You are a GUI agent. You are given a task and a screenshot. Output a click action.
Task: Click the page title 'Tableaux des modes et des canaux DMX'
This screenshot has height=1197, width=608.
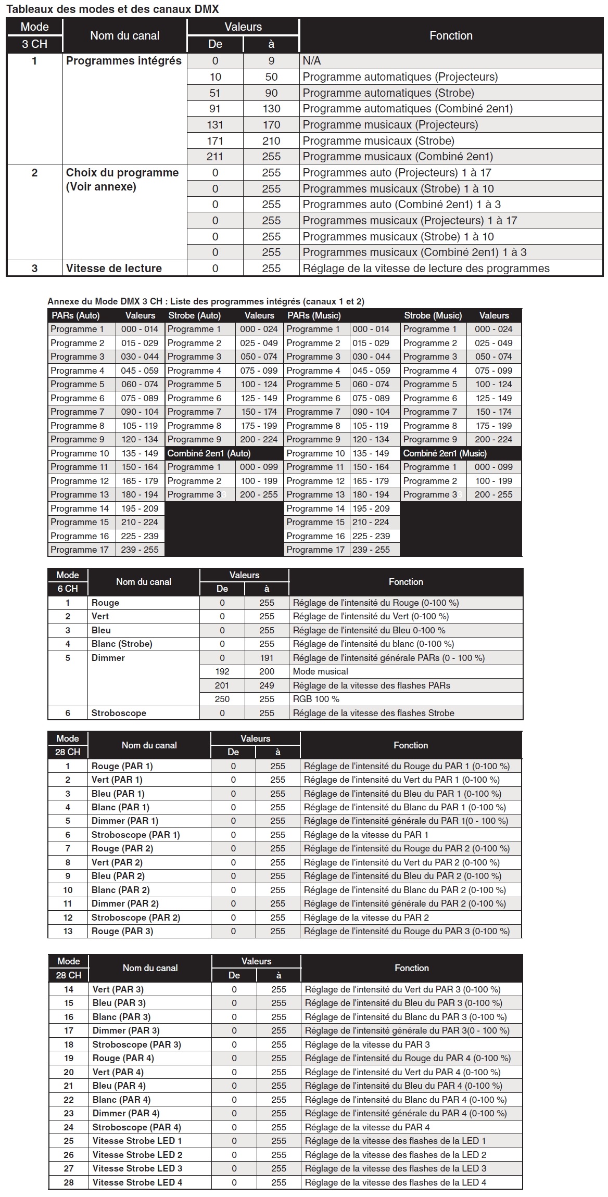tap(112, 9)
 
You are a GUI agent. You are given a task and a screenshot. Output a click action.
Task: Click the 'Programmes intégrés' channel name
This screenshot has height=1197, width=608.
tap(124, 61)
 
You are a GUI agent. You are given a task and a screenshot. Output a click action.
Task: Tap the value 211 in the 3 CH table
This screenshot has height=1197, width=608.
tap(215, 157)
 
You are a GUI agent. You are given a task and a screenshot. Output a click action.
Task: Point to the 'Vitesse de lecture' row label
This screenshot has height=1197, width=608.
tap(114, 269)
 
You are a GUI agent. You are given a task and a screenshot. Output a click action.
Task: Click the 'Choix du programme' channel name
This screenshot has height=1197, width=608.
tap(122, 173)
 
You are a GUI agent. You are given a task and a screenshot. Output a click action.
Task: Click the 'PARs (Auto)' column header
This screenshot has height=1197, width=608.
tap(76, 315)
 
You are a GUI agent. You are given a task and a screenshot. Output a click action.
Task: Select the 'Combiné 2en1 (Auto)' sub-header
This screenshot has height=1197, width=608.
tap(209, 453)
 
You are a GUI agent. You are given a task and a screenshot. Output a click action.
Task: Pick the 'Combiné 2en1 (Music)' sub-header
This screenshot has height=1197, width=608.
tap(445, 453)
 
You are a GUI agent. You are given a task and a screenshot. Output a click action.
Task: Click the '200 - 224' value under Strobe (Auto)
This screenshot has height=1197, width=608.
tap(259, 439)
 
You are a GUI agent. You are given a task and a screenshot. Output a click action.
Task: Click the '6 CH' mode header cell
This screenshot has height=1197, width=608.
tap(68, 589)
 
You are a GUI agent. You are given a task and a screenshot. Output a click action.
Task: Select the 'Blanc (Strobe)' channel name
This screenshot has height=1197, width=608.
tap(122, 644)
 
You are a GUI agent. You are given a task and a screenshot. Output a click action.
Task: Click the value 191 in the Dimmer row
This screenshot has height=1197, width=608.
tap(267, 658)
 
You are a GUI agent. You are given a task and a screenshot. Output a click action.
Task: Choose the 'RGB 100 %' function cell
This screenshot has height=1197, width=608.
tap(316, 699)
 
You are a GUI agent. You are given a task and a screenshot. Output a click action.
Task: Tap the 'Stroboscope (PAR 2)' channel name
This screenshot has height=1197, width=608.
tap(136, 918)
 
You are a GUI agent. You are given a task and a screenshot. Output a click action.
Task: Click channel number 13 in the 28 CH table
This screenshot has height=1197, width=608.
tap(68, 931)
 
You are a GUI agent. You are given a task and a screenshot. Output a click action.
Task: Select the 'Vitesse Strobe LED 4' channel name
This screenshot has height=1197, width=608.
tap(137, 1182)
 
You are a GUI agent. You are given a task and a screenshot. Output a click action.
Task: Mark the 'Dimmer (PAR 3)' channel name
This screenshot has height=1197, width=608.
tap(126, 1030)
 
